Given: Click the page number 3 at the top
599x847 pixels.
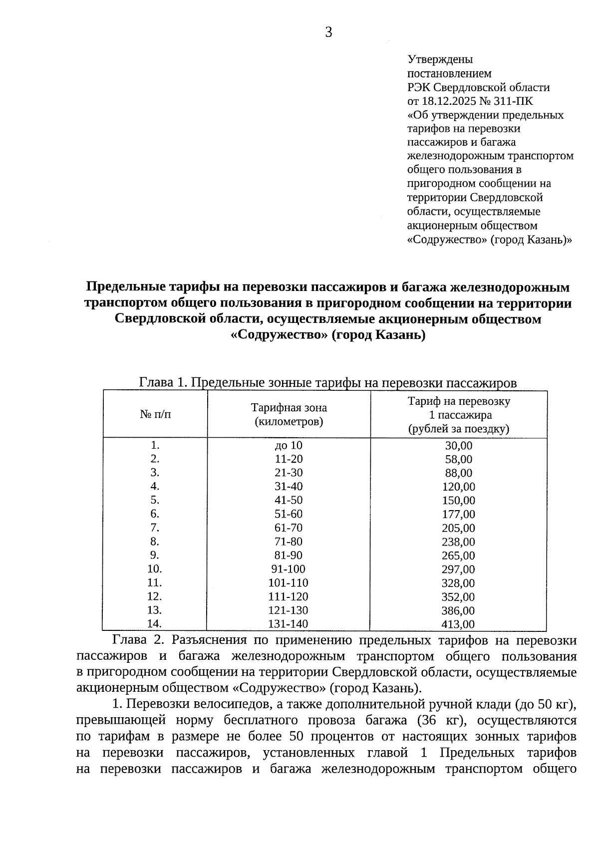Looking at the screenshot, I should point(328,33).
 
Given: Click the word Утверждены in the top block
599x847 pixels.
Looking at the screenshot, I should point(440,60).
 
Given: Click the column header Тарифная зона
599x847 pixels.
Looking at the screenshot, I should point(289,408).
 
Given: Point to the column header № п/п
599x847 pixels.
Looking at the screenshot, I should point(155,414).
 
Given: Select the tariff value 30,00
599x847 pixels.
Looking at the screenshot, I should point(458,446).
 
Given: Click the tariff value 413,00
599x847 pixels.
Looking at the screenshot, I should point(458,624).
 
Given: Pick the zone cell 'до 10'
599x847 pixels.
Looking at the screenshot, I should point(289,445).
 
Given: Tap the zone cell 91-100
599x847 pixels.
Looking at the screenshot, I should point(289,569).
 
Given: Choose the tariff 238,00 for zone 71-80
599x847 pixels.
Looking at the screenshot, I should point(458,542).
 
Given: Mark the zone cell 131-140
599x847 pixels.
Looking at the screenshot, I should point(289,624).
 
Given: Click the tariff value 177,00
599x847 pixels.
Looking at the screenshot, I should point(458,514).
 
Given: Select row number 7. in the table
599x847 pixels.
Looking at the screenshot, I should point(155,528).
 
